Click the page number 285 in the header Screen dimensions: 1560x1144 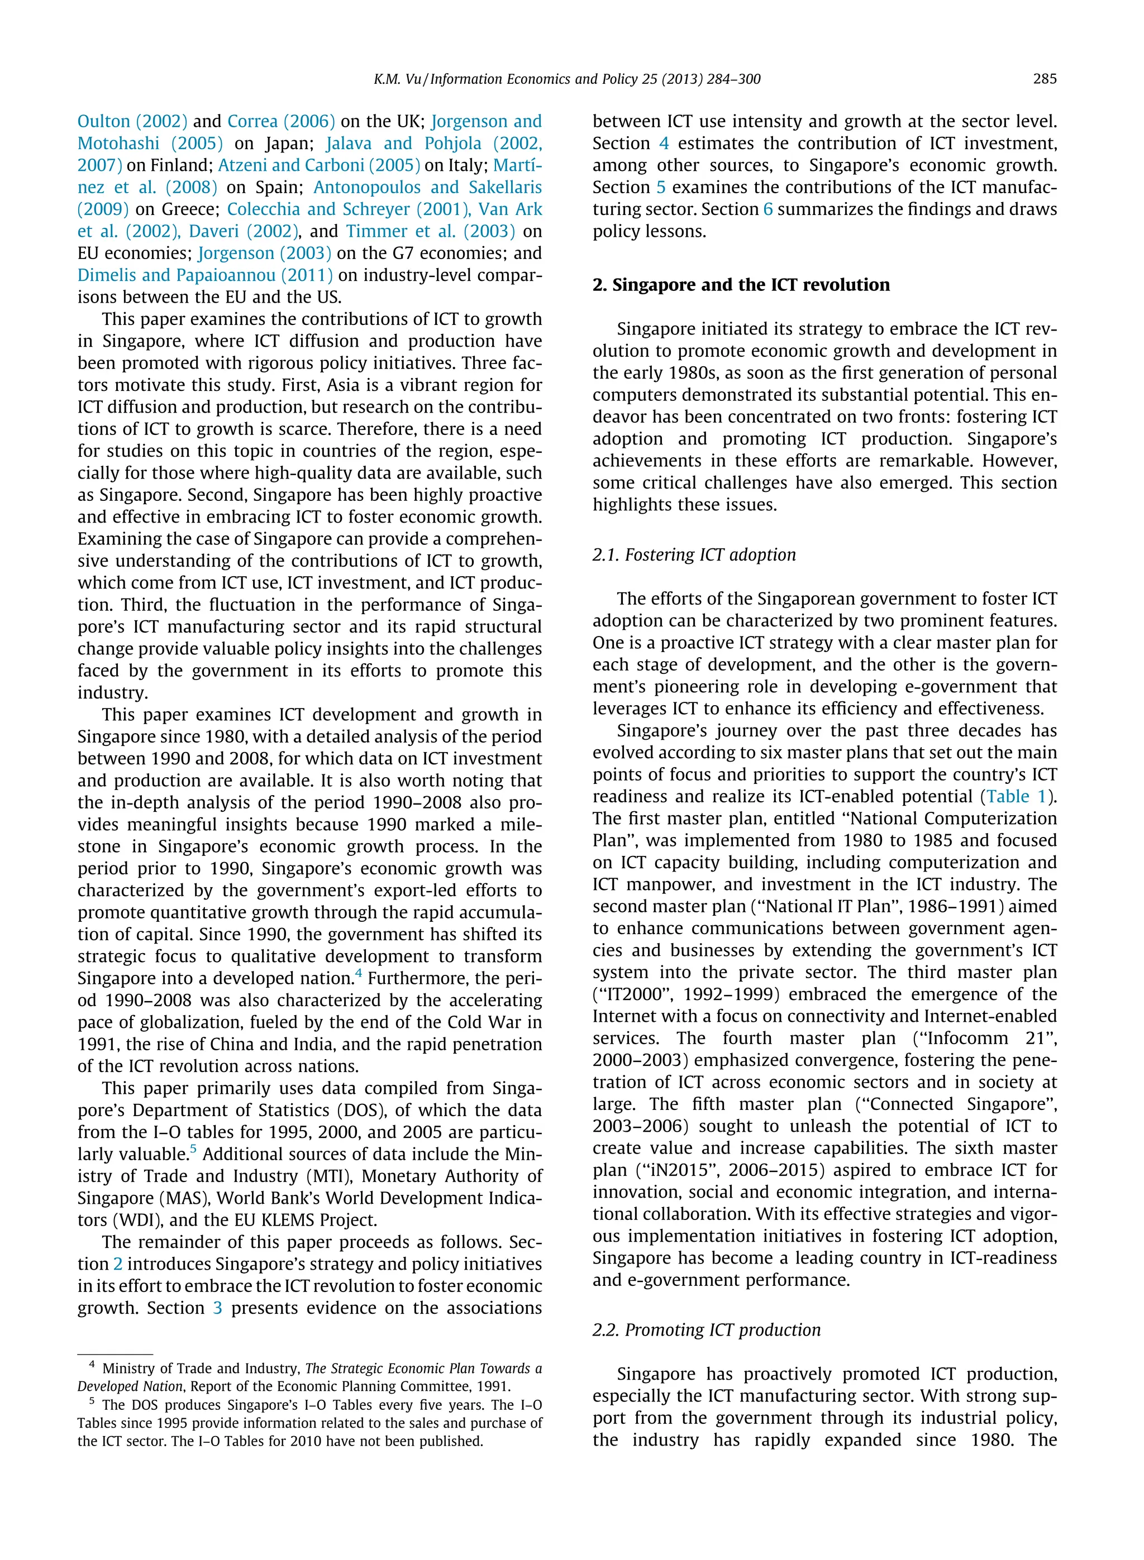[1044, 79]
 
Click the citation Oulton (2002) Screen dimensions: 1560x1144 [132, 121]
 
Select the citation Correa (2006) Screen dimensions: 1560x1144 [280, 121]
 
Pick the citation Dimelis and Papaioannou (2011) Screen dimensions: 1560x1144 [205, 275]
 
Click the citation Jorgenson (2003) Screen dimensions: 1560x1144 [265, 253]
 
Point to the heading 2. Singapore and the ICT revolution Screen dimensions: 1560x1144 [740, 285]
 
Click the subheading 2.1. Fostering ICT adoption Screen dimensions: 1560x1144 [693, 555]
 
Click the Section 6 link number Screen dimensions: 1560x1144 [768, 210]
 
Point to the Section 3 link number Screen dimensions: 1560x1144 [217, 1309]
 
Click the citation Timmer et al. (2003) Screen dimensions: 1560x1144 [430, 231]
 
